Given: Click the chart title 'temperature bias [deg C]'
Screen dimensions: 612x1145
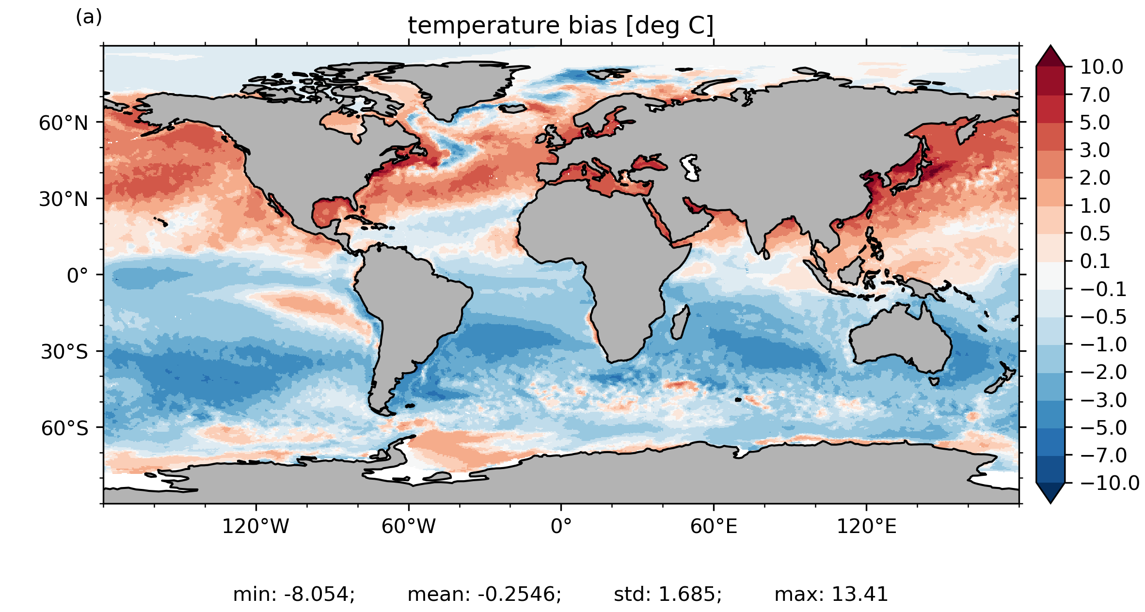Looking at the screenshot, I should click(x=561, y=26).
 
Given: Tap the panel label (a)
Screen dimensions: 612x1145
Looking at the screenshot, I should click(x=89, y=17).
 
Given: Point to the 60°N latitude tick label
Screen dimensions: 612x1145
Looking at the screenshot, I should click(x=64, y=123).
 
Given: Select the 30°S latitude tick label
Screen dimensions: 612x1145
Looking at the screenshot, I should click(x=64, y=352).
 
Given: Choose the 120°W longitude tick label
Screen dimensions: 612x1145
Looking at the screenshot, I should click(x=255, y=526).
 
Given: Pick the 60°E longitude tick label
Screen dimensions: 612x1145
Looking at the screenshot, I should click(x=714, y=526).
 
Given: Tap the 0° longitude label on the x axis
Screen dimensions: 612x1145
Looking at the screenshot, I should click(x=561, y=526).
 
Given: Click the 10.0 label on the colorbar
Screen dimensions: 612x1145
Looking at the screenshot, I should click(x=1101, y=67).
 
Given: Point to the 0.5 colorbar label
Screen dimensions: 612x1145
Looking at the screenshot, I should click(x=1095, y=234).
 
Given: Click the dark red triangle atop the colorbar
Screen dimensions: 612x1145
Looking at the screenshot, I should click(x=1050, y=56).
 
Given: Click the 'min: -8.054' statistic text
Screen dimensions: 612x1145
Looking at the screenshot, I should click(x=294, y=594).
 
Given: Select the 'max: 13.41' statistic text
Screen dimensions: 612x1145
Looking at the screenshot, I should click(x=831, y=594).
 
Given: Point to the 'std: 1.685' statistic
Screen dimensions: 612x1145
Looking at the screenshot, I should click(x=668, y=594).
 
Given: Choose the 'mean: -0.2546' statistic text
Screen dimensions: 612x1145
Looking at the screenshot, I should click(x=484, y=594).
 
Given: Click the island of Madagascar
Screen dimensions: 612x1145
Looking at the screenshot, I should click(x=679, y=323).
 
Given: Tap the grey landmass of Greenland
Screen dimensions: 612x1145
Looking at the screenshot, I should click(x=451, y=85).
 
